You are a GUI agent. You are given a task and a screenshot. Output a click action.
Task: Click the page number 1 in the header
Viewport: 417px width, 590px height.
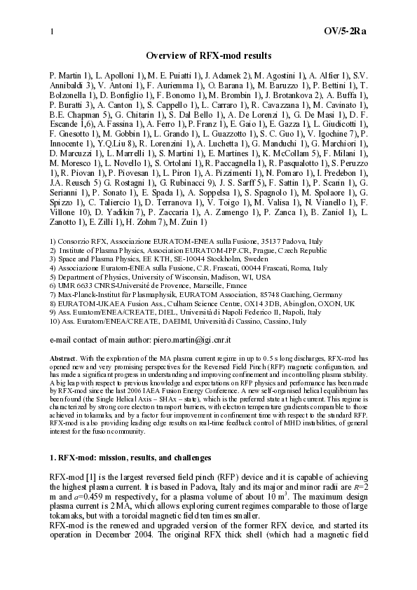51,32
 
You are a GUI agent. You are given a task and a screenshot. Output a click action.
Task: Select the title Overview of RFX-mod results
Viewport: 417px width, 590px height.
208,55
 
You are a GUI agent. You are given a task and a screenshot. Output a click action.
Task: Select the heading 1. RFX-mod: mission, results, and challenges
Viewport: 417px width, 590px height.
130,458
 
